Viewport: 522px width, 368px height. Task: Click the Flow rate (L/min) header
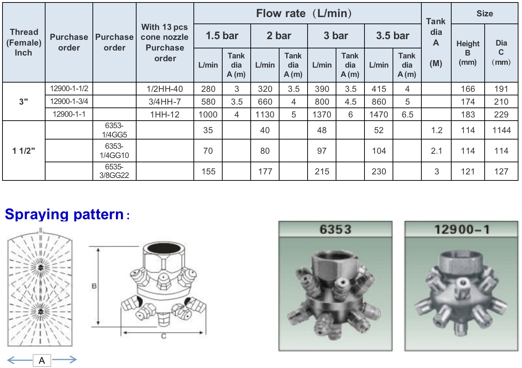[304, 13]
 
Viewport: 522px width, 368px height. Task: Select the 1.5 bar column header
[222, 36]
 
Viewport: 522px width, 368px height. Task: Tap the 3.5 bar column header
[393, 36]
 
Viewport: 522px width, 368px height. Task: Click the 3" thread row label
[23, 102]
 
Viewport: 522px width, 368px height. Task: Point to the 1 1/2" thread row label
[23, 151]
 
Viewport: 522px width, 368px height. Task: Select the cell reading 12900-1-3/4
[69, 101]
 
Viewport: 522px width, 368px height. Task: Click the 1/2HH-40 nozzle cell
[165, 89]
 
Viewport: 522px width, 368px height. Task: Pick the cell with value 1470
[379, 115]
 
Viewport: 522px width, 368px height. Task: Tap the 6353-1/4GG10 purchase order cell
[114, 151]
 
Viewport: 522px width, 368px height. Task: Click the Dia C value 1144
[501, 130]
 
